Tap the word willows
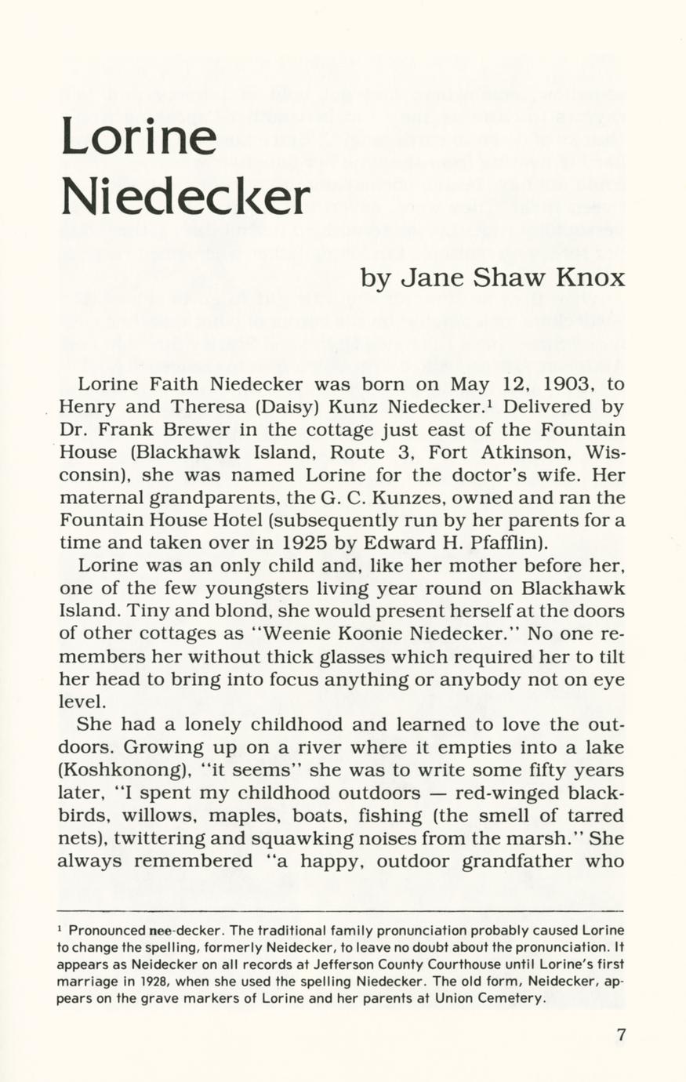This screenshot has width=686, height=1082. pyautogui.click(x=148, y=816)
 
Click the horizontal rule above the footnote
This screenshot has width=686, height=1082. pyautogui.click(x=342, y=911)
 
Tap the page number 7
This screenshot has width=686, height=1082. pyautogui.click(x=621, y=1034)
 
